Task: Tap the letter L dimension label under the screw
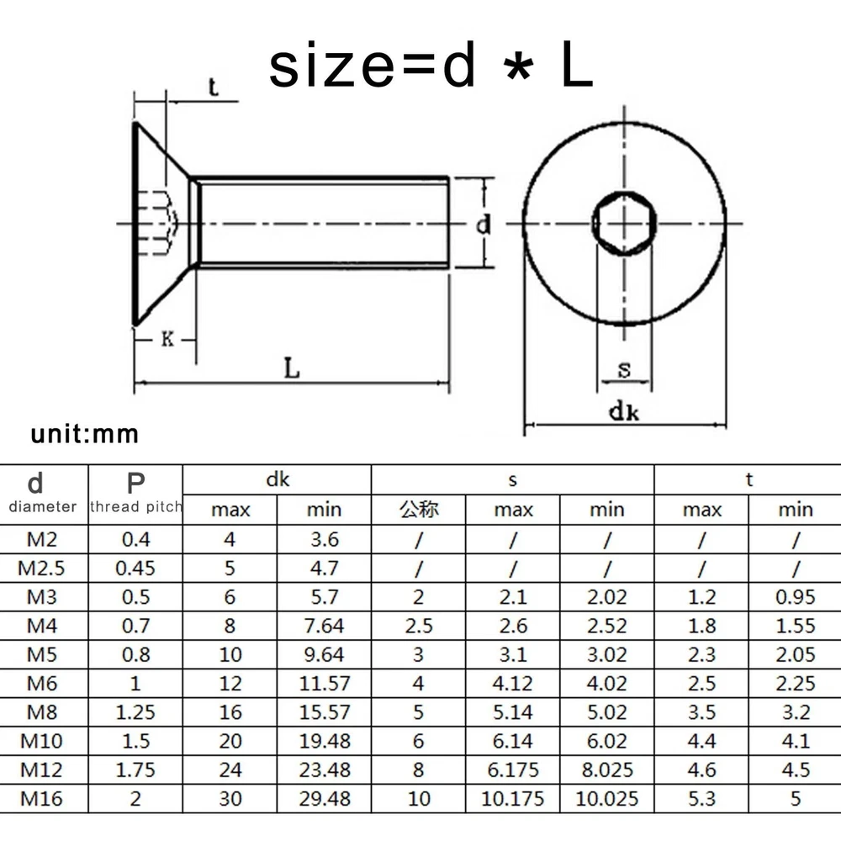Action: point(291,368)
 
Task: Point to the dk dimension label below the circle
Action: point(624,412)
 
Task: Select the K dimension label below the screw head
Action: point(167,339)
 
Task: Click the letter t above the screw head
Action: point(213,87)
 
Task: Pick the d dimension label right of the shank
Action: point(484,225)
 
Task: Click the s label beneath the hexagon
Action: point(624,369)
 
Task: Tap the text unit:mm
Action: point(85,434)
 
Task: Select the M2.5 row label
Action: point(41,568)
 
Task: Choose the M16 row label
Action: point(41,799)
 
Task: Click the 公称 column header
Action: point(419,509)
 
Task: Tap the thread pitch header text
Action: point(136,506)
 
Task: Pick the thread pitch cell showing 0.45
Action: point(135,568)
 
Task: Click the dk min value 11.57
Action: point(325,683)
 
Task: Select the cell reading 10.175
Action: point(513,799)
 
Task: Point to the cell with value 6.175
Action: point(513,770)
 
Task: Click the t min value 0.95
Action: point(796,597)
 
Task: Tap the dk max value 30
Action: point(230,799)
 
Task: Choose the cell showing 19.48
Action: point(325,741)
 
